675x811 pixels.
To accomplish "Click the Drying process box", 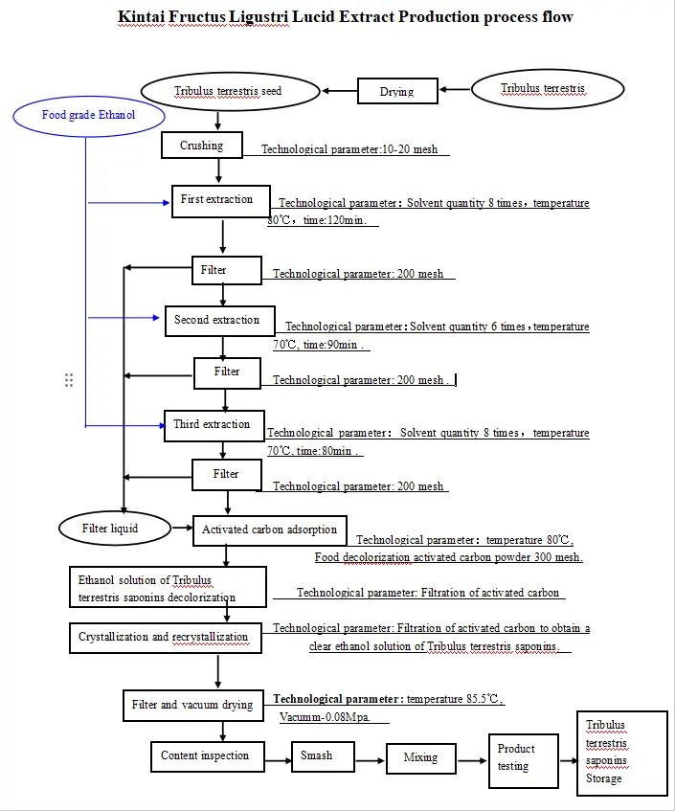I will click(396, 92).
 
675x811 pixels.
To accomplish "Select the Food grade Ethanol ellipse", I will click(88, 115).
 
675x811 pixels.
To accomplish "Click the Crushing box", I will click(201, 146).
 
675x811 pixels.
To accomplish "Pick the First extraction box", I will click(217, 200).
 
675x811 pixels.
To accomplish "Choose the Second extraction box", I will click(217, 321).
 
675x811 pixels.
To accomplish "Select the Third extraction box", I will click(212, 425).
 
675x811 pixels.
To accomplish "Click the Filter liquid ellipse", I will click(110, 528).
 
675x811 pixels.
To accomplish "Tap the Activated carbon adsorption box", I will click(269, 529).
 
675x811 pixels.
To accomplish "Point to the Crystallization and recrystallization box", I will click(163, 637).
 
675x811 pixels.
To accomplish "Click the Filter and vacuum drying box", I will click(191, 706).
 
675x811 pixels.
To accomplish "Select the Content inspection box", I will click(205, 756).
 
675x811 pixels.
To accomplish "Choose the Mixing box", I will click(420, 758).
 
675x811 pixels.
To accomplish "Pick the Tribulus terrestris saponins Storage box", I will click(621, 752).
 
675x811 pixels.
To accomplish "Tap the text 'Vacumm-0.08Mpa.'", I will click(325, 717).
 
